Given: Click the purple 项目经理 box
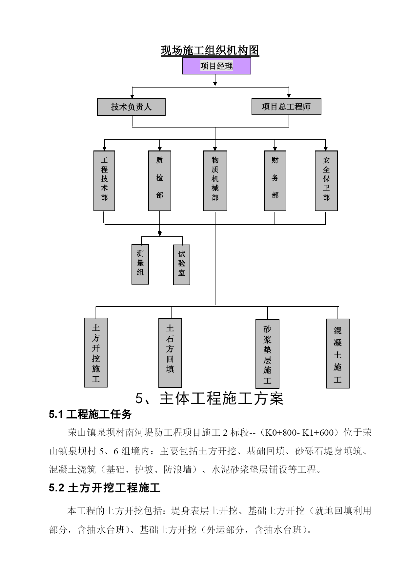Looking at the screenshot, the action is tap(217, 66).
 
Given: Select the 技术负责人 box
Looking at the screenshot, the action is tap(131, 107).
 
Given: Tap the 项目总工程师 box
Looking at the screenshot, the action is tap(286, 107).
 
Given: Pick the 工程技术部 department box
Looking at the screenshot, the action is tap(104, 181).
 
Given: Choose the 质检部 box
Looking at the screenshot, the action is tap(160, 181).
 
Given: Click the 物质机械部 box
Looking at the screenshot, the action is tap(215, 181).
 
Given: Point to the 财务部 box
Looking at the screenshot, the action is tap(275, 181).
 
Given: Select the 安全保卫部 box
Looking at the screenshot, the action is tap(326, 181).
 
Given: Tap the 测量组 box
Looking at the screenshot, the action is tap(140, 264).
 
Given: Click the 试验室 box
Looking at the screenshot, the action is tap(182, 265).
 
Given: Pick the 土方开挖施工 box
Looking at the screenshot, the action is tap(96, 352).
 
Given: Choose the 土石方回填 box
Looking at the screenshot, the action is tap(170, 353).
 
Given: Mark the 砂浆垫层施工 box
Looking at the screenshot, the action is tap(268, 354).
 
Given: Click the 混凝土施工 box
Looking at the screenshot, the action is tap(338, 353).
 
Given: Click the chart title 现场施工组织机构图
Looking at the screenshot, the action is tap(210, 50).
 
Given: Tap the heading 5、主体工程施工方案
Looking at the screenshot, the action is tap(210, 399).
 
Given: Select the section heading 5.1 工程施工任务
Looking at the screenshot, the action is tap(90, 414).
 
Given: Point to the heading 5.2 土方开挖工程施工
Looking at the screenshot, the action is tap(105, 488).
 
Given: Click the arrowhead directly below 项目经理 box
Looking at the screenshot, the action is tap(215, 84).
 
